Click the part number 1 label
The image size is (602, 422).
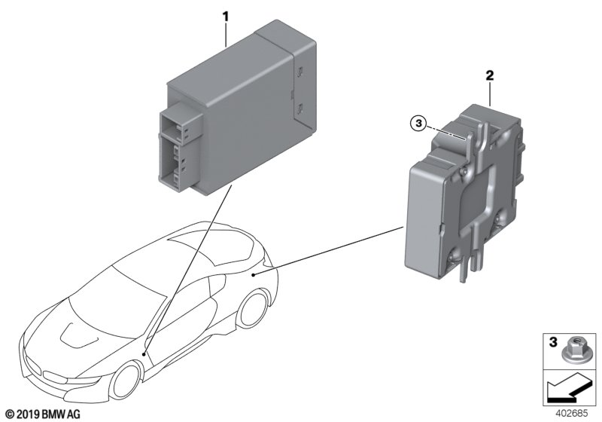(224, 14)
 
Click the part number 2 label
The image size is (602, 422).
(489, 75)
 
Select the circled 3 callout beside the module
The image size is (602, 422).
(419, 123)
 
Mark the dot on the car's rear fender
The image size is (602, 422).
(254, 275)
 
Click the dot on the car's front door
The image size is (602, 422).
(145, 353)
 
